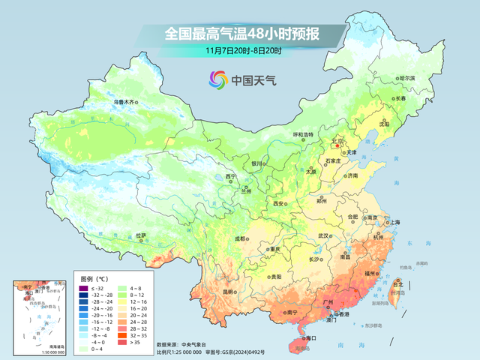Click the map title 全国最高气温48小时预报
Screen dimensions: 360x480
pos(244,34)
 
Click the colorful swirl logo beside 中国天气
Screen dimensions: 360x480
pos(217,78)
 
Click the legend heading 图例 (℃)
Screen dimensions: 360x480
pos(94,278)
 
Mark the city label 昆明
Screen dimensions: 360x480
pos(207,291)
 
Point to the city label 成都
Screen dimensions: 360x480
pos(240,238)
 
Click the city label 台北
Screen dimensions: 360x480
pos(398,284)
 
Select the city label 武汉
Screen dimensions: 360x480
pos(323,235)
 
